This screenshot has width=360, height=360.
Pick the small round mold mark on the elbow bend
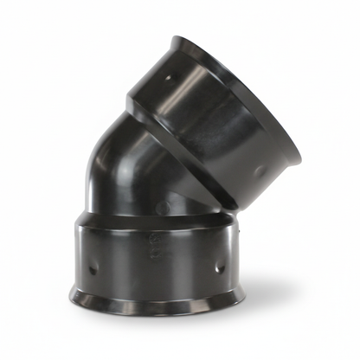tap(170, 207)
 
